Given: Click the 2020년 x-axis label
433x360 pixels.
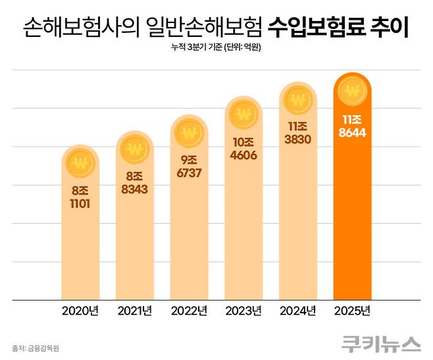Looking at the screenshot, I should click(x=81, y=310).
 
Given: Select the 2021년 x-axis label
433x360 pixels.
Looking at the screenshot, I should click(x=135, y=310).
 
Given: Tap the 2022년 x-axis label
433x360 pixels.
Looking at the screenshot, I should click(x=190, y=310).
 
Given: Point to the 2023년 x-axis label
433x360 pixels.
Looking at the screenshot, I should click(x=244, y=310).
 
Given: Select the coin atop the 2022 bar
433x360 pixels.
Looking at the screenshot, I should click(x=190, y=132).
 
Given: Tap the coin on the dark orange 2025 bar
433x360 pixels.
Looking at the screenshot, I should click(x=353, y=91).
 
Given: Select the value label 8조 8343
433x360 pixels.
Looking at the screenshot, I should click(x=135, y=184).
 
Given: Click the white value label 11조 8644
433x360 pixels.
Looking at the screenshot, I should click(x=353, y=127).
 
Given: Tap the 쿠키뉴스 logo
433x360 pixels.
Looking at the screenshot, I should click(x=380, y=344).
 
